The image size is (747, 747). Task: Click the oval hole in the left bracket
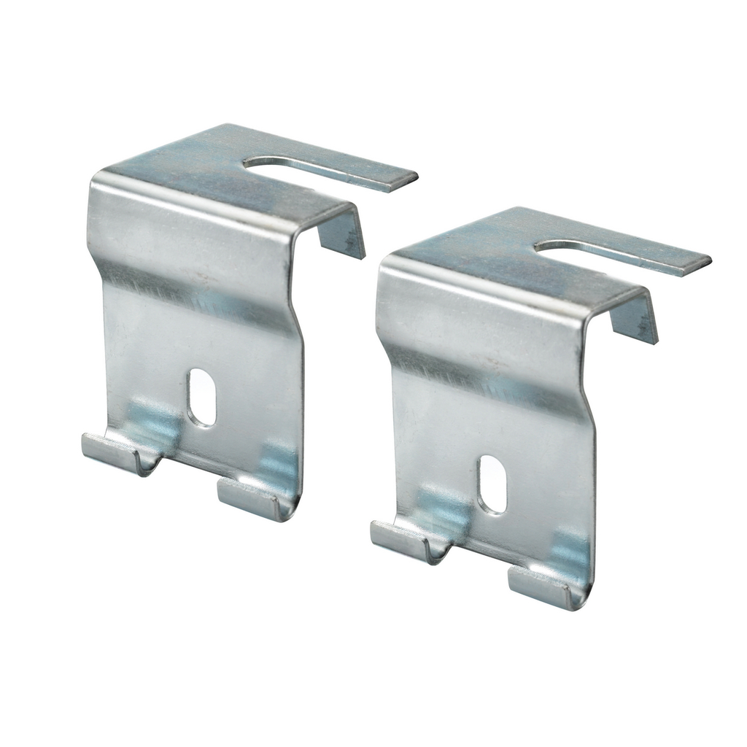coord(201,397)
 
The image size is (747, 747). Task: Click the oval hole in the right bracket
coord(492,484)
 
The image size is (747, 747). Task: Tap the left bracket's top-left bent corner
coord(98,182)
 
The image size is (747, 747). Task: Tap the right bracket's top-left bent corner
coord(387,267)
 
